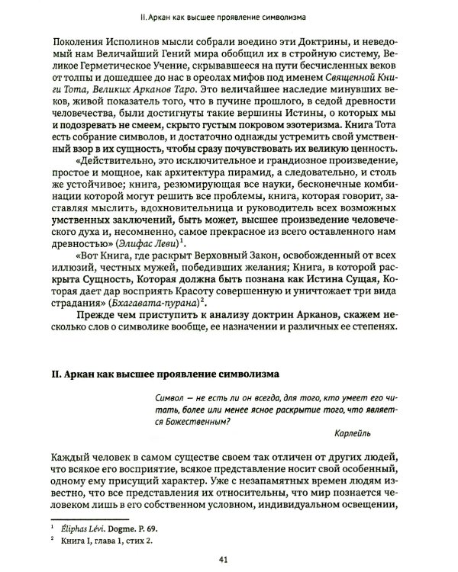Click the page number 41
point(224,558)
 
